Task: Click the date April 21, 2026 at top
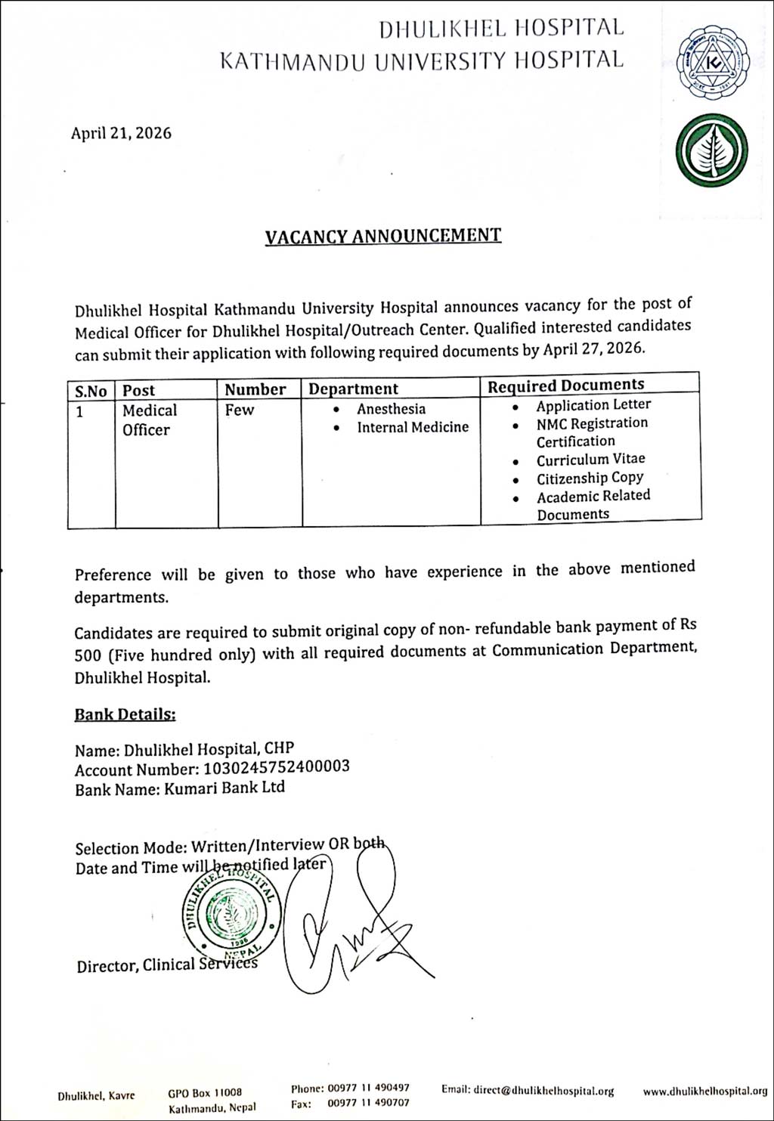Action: click(x=121, y=134)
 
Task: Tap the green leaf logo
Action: click(x=711, y=151)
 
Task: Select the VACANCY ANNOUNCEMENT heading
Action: click(x=382, y=236)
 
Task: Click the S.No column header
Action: click(x=91, y=391)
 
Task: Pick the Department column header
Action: click(x=353, y=389)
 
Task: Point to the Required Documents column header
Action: click(x=565, y=386)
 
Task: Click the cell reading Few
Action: click(x=240, y=410)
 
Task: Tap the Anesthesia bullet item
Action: click(x=391, y=409)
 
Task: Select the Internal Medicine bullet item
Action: click(x=413, y=427)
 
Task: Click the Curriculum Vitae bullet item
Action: click(x=590, y=460)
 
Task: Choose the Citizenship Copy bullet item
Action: click(x=590, y=478)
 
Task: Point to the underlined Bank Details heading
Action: click(x=125, y=714)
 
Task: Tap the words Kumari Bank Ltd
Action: click(x=224, y=788)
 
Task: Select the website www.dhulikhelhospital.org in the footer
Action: click(x=704, y=1092)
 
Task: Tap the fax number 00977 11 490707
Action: click(x=368, y=1104)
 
